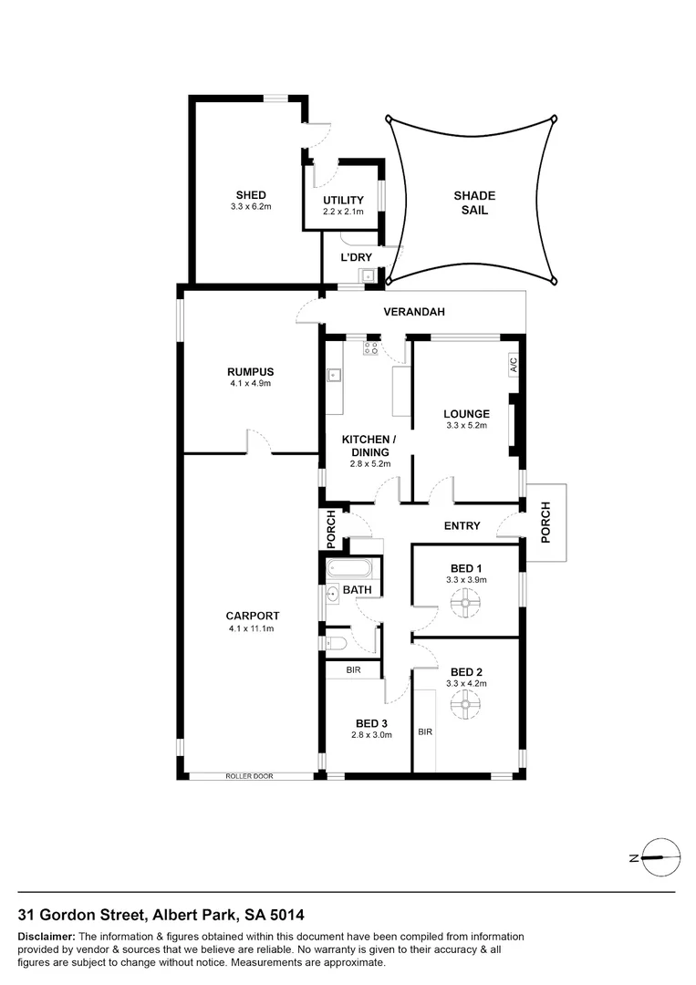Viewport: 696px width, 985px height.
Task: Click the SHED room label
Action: (251, 195)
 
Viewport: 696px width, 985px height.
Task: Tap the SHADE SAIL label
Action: (474, 202)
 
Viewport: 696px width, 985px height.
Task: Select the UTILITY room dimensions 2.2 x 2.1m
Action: (343, 212)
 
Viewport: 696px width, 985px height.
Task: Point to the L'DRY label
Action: (356, 258)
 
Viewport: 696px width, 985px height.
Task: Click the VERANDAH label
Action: (414, 312)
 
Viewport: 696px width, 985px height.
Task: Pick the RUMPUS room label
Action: (251, 371)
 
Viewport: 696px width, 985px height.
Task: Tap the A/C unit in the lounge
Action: (514, 365)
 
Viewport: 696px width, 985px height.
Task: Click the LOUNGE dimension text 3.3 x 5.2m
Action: (467, 426)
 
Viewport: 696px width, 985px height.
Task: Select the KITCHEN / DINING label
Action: (366, 446)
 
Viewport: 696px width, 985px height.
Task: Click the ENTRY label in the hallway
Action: (462, 526)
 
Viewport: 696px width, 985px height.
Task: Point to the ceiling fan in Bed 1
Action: (466, 602)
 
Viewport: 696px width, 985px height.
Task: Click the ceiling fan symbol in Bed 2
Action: (466, 702)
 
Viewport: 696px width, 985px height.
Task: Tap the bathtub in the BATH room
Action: (349, 570)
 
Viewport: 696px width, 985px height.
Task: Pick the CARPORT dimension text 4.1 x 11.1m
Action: (251, 628)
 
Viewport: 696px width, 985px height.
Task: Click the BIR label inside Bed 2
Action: (424, 731)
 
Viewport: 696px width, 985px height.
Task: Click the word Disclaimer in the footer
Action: (47, 937)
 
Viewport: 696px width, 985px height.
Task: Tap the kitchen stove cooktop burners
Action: (371, 347)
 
